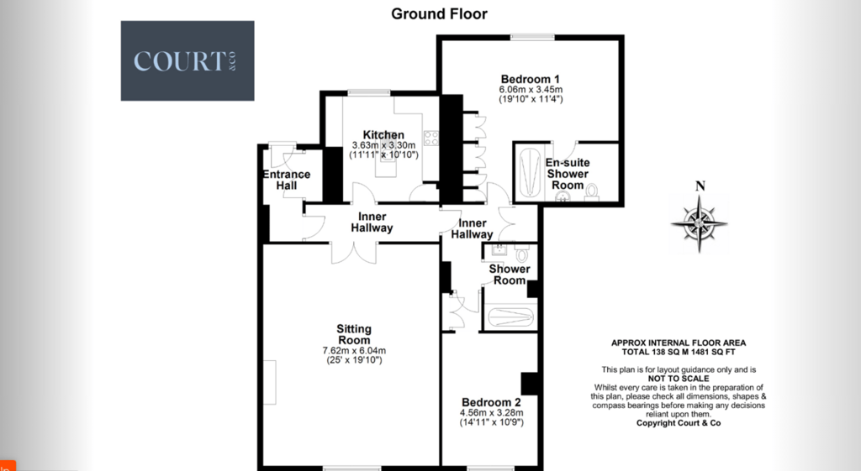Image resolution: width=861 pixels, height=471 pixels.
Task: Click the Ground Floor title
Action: coord(439,13)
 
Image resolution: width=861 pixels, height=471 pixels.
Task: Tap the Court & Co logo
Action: coord(188,60)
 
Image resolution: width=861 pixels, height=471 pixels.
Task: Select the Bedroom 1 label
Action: coord(531,79)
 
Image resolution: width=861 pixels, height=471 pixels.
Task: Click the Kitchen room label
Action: coord(383,135)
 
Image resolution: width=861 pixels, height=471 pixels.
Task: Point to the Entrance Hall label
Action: coord(287,180)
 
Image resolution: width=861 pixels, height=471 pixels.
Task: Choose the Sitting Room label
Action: coord(354,334)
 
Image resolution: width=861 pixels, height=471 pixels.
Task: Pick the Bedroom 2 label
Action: coord(491,402)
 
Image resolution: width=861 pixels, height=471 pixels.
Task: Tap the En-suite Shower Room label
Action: coord(568,174)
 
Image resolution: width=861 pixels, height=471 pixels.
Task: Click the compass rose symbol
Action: coord(699,223)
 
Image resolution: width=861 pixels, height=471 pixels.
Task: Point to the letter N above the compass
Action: coord(700,186)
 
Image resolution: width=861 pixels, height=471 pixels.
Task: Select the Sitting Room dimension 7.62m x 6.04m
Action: coord(354,351)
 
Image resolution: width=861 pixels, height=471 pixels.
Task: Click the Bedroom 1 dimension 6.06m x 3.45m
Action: coord(531,89)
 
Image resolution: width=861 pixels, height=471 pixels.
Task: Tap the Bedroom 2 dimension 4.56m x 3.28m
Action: coord(491,413)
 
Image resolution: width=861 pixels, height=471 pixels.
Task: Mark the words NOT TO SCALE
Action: coord(679,379)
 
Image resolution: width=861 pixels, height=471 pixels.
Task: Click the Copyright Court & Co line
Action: coord(679,423)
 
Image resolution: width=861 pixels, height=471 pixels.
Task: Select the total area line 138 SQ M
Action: coord(679,352)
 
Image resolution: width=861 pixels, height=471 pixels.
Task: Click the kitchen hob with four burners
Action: coord(431,139)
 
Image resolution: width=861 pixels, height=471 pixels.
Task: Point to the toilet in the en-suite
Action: coord(592,192)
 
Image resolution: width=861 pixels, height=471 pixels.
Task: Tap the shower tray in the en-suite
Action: coord(530,171)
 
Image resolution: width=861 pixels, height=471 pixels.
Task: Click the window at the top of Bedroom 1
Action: coord(532,37)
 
